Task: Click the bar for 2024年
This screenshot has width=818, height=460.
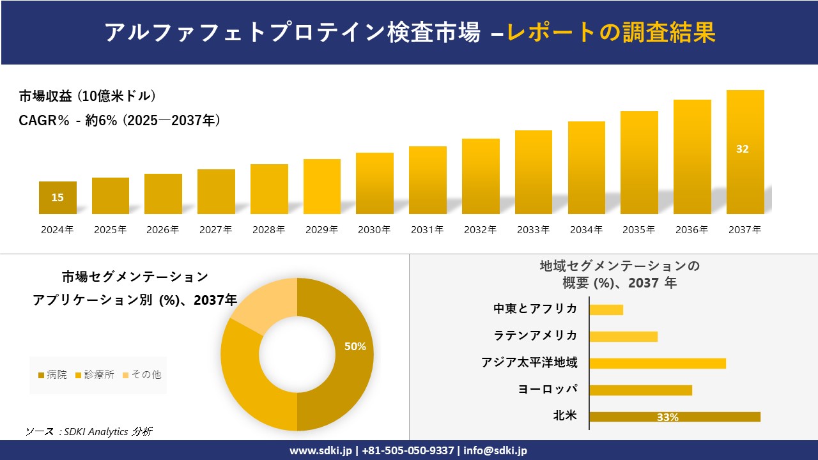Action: pos(58,197)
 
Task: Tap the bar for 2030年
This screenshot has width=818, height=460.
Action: pos(374,183)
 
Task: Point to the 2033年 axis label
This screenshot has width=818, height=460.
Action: pos(533,230)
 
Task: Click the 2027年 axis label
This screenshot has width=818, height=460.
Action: pos(215,230)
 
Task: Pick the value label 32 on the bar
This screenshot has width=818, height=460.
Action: pos(742,149)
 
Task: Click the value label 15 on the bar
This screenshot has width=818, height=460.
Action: pos(58,197)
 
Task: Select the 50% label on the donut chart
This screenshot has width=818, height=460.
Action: pos(355,346)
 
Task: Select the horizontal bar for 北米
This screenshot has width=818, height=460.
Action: pos(674,417)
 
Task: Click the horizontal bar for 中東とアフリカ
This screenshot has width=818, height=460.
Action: pos(606,310)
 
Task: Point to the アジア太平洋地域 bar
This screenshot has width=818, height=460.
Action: pos(657,364)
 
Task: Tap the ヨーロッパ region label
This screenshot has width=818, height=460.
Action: pos(548,389)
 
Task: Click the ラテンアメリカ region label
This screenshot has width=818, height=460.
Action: pos(535,335)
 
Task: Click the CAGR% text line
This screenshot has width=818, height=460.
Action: pos(120,120)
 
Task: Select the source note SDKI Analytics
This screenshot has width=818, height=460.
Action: pos(89,431)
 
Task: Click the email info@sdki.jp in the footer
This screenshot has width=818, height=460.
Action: pos(495,450)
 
